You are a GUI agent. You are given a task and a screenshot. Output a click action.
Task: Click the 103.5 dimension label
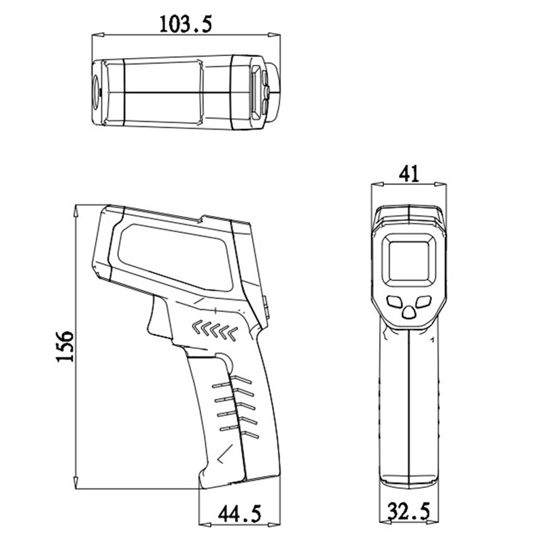(x=186, y=23)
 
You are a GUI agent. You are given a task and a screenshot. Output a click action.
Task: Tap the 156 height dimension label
(x=64, y=346)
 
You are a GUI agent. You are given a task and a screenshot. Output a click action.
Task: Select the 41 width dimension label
(x=409, y=173)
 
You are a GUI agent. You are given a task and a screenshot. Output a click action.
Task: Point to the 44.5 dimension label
(x=238, y=513)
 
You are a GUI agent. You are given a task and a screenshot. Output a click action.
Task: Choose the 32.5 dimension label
(x=409, y=512)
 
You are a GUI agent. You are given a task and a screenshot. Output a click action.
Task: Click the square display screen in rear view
(x=409, y=259)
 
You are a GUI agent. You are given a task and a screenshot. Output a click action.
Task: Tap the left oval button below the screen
(x=395, y=301)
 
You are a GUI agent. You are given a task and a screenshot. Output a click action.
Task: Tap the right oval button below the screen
(x=424, y=301)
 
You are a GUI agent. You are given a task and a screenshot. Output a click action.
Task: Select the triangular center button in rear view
(x=409, y=312)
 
